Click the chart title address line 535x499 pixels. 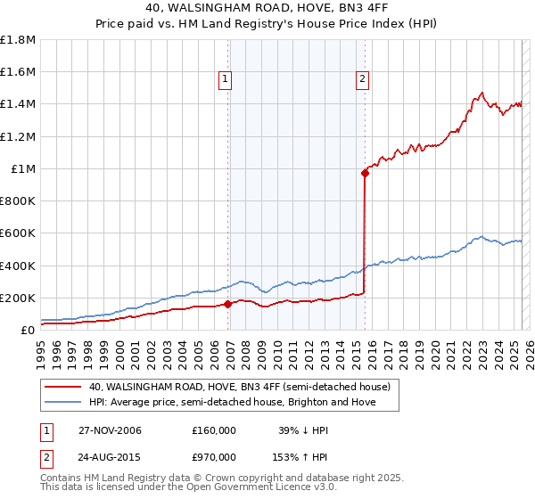(x=267, y=9)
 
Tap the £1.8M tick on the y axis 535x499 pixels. (x=18, y=40)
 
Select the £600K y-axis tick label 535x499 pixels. (x=18, y=233)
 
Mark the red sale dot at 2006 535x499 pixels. (x=228, y=304)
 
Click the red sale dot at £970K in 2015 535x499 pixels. (x=366, y=174)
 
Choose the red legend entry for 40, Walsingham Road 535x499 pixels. (x=239, y=388)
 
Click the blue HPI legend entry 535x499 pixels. (x=232, y=403)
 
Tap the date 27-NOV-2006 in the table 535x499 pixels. (x=111, y=430)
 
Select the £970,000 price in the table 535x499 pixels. (x=214, y=456)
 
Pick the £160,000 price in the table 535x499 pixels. (x=214, y=430)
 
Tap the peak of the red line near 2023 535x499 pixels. (x=481, y=93)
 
